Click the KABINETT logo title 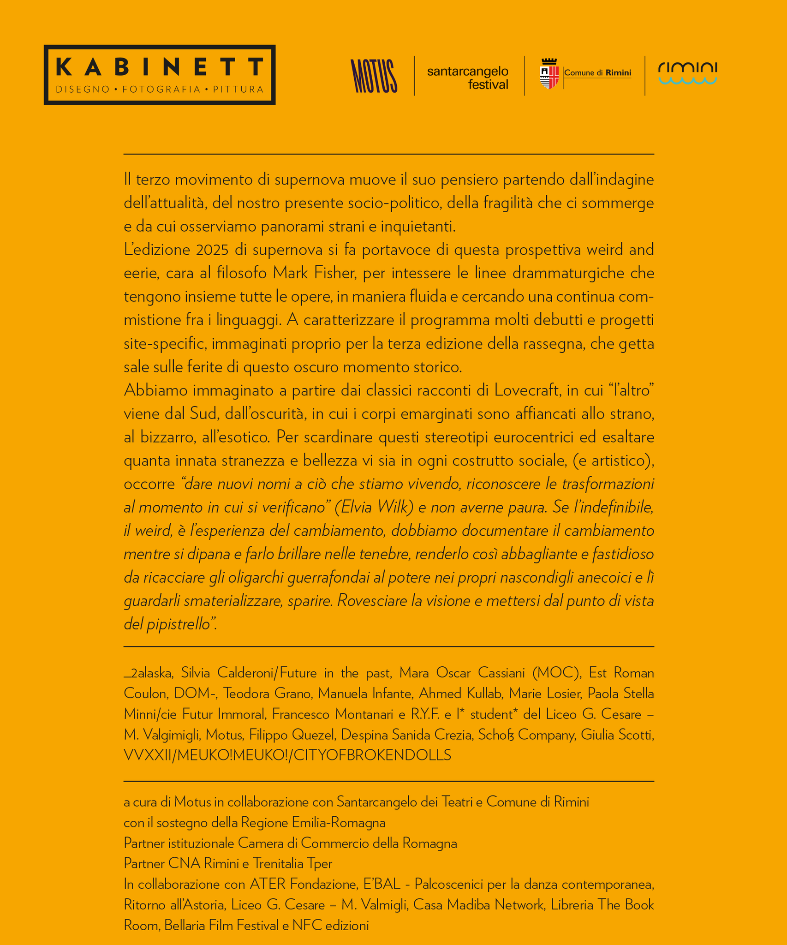(x=159, y=67)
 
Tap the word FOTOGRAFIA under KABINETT (x=161, y=89)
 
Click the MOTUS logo (x=374, y=76)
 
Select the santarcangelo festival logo (x=468, y=78)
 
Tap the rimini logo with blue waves (x=687, y=73)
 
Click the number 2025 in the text (x=212, y=250)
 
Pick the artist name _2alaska (x=148, y=673)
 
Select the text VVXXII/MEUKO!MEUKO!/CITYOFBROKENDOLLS (x=287, y=755)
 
